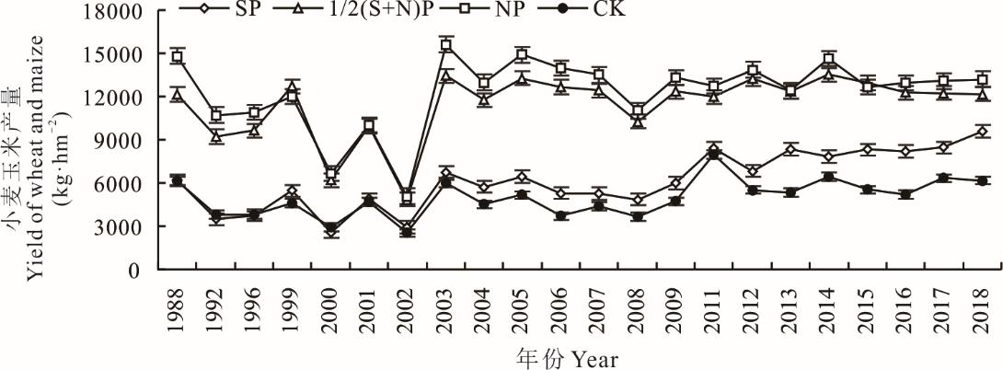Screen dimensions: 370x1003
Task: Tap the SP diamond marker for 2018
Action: (x=982, y=132)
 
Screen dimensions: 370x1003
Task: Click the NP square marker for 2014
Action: (x=829, y=60)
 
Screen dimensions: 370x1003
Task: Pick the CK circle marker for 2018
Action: (x=982, y=181)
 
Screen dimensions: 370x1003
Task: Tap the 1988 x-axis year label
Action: (x=178, y=309)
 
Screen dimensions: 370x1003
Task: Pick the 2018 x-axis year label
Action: (x=982, y=309)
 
